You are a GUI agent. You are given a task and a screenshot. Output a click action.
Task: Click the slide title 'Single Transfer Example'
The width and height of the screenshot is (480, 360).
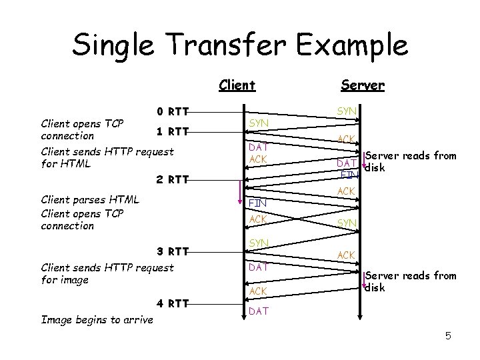click(x=240, y=45)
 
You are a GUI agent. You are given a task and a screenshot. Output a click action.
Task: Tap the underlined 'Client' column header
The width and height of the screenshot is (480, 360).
click(x=237, y=85)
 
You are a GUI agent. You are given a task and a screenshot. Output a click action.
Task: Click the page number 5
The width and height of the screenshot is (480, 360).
click(x=448, y=336)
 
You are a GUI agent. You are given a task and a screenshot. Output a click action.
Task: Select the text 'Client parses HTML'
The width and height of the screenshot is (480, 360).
click(x=90, y=199)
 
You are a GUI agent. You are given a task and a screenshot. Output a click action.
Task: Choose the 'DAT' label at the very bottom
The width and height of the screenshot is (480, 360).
click(x=258, y=311)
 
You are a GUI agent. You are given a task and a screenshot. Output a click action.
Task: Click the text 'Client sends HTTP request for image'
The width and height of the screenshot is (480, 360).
click(x=107, y=273)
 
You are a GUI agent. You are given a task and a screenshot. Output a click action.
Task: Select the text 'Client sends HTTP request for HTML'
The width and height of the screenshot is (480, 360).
click(x=107, y=157)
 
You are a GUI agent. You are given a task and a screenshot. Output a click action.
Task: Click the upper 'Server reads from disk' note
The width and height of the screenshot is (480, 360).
click(x=410, y=161)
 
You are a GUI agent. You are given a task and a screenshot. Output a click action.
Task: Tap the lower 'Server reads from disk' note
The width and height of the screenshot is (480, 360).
click(x=410, y=281)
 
